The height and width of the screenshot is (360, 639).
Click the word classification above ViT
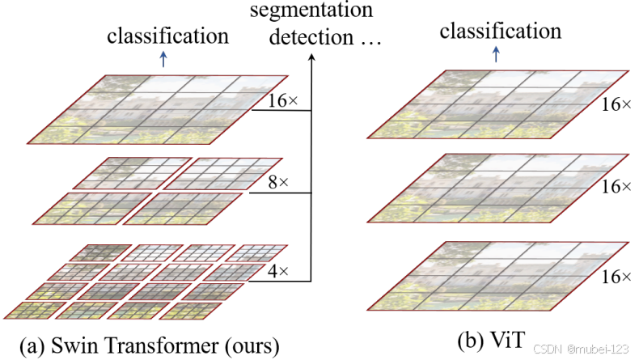tap(500, 32)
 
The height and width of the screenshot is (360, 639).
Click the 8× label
tap(278, 183)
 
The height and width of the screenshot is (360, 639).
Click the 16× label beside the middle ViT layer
tap(616, 186)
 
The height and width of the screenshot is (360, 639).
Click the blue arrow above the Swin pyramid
tap(164, 59)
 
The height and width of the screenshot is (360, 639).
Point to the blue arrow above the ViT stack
tap(496, 54)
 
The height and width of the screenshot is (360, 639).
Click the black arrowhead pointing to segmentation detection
tap(311, 56)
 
